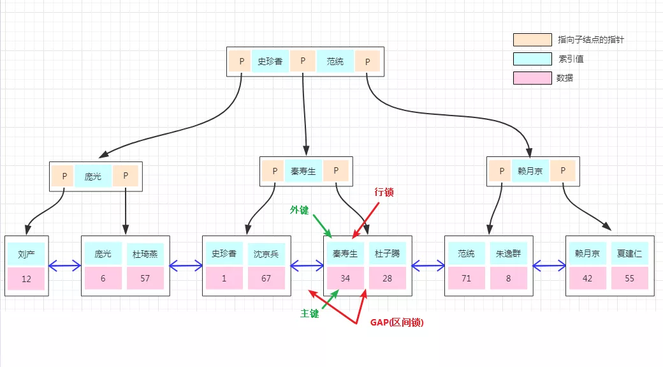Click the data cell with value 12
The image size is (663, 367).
(x=26, y=279)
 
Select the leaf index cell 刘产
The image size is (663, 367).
(x=26, y=254)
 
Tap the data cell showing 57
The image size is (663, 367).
(x=145, y=279)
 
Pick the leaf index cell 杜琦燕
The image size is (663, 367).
(x=145, y=254)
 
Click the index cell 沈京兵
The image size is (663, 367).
(x=266, y=254)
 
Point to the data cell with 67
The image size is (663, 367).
(x=266, y=279)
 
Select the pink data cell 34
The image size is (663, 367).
(x=345, y=279)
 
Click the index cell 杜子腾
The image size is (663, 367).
(x=387, y=254)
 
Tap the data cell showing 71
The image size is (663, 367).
(x=466, y=279)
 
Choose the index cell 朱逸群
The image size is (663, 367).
(x=508, y=254)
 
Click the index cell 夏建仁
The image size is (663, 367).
(x=629, y=254)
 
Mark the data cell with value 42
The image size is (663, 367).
(x=587, y=279)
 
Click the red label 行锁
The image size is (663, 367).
(x=384, y=191)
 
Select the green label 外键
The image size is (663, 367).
(x=299, y=210)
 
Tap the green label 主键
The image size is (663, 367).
(x=310, y=313)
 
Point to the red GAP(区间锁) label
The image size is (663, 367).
(x=397, y=323)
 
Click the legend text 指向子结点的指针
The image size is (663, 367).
(x=590, y=40)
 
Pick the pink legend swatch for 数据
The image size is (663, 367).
(x=532, y=78)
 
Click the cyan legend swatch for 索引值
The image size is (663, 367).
(x=532, y=59)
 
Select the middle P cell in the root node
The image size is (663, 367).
(x=303, y=61)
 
